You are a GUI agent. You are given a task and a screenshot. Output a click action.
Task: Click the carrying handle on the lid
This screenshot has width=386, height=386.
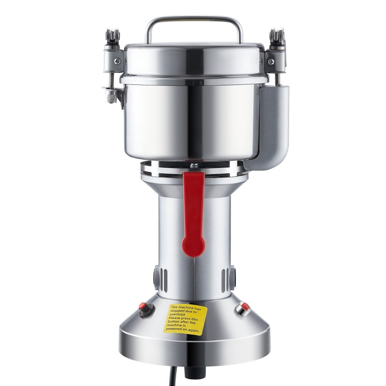coord(194,19)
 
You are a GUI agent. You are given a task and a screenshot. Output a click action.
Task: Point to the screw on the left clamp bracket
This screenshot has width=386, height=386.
coord(117,61)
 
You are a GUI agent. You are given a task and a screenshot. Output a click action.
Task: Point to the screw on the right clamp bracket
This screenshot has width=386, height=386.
coord(271,61)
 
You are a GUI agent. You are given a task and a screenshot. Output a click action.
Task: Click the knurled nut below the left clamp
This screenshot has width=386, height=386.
coord(110,96)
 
